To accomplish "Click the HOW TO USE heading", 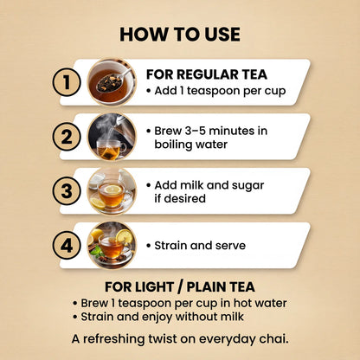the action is pyautogui.click(x=180, y=35).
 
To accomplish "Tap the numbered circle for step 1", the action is pyautogui.click(x=67, y=82).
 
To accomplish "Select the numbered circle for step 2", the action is pyautogui.click(x=67, y=137).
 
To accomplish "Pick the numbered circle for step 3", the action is pyautogui.click(x=67, y=191).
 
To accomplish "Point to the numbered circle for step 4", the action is pyautogui.click(x=67, y=246).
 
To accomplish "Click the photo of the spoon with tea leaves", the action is pyautogui.click(x=112, y=82).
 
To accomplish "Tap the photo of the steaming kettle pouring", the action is pyautogui.click(x=112, y=137).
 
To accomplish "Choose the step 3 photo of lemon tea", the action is pyautogui.click(x=112, y=191).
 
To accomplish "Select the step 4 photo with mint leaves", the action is pyautogui.click(x=112, y=246).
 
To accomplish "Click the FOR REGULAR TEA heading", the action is pyautogui.click(x=207, y=74).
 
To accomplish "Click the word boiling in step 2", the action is pyautogui.click(x=172, y=145).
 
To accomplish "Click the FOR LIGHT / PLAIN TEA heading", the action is pyautogui.click(x=180, y=287).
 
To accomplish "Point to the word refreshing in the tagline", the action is pyautogui.click(x=114, y=339).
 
